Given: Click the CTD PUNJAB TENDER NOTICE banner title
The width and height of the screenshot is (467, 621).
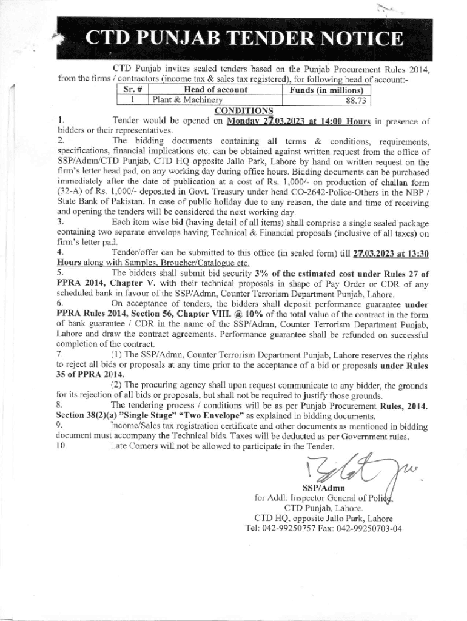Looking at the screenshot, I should point(243,39).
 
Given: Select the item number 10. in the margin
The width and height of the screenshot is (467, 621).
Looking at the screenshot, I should point(62,446).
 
